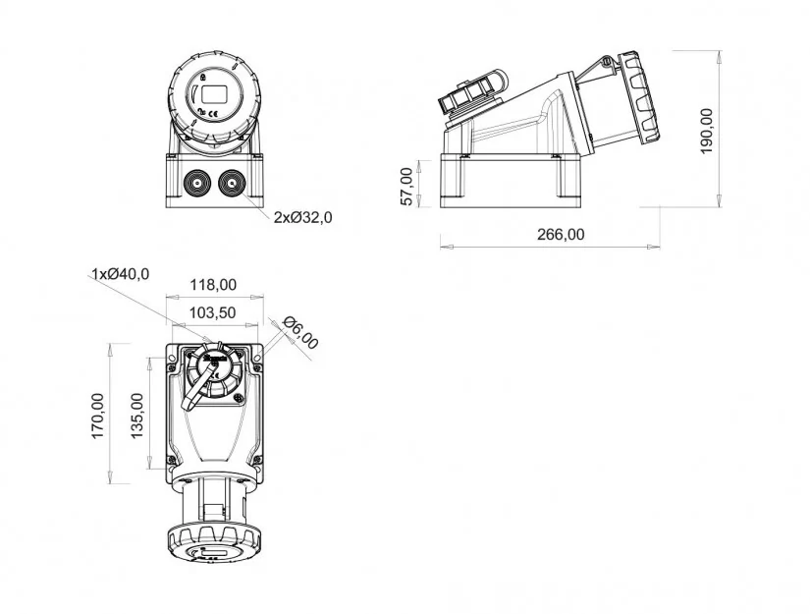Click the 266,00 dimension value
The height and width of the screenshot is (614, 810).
(561, 234)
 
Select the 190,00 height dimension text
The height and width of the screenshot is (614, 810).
(706, 131)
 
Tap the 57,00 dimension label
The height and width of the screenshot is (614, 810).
(407, 187)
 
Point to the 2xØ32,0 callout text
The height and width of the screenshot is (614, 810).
(302, 217)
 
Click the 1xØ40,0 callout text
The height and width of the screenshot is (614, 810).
(121, 274)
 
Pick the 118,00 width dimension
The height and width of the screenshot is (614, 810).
(213, 285)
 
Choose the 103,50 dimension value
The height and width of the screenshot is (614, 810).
(213, 312)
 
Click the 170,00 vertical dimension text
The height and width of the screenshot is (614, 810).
(97, 417)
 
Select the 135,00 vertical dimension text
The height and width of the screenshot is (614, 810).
(136, 417)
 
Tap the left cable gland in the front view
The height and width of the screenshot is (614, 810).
(196, 184)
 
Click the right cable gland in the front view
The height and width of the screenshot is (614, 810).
(232, 184)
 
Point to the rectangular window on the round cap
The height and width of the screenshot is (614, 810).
(213, 95)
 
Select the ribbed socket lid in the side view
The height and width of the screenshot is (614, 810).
(640, 96)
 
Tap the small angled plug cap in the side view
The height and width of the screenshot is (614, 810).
(471, 95)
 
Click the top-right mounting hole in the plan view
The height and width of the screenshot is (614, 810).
(257, 358)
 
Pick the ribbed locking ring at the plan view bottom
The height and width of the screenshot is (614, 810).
(213, 544)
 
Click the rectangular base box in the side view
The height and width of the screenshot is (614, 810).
(512, 181)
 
